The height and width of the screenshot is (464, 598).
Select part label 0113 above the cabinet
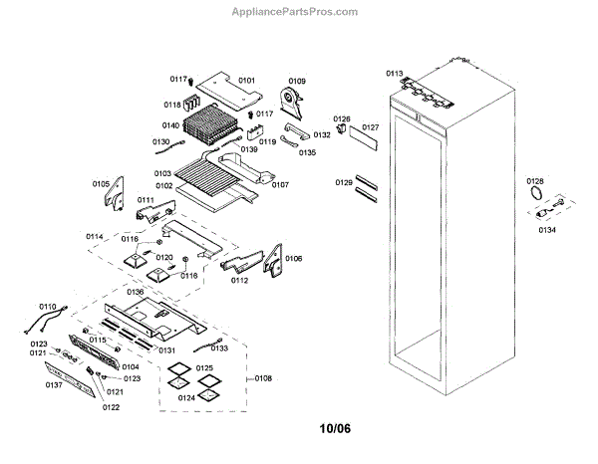click(x=395, y=74)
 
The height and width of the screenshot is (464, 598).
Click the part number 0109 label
click(x=297, y=80)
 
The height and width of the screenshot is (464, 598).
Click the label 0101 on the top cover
click(x=246, y=80)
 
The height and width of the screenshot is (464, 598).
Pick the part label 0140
click(x=172, y=125)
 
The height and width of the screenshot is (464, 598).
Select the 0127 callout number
click(x=371, y=127)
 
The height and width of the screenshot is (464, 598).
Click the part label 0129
click(x=344, y=182)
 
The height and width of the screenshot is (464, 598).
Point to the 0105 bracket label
click(x=102, y=184)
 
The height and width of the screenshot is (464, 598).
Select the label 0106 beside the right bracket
click(x=293, y=259)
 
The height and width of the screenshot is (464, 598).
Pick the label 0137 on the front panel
click(x=54, y=384)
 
